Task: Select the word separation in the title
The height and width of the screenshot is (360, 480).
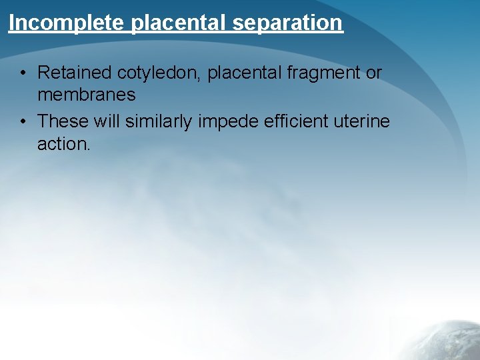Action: pyautogui.click(x=288, y=23)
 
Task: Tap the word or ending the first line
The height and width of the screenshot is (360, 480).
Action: pyautogui.click(x=374, y=73)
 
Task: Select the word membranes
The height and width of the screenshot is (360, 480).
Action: pyautogui.click(x=86, y=95)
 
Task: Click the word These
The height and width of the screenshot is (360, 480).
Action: pyautogui.click(x=62, y=121)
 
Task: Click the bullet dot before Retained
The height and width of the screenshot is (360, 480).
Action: pyautogui.click(x=23, y=73)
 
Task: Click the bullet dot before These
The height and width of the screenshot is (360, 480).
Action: pyautogui.click(x=23, y=121)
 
